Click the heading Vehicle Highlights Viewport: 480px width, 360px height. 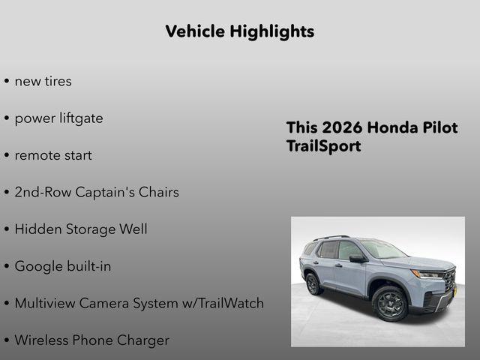(239, 31)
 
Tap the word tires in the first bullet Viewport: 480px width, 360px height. (57, 81)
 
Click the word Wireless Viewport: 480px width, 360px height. (42, 340)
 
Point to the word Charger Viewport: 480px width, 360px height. (142, 340)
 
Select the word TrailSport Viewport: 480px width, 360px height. (323, 146)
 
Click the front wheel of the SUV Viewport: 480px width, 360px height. (390, 303)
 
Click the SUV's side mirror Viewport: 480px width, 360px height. (356, 259)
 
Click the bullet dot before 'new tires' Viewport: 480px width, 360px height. (7, 82)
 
